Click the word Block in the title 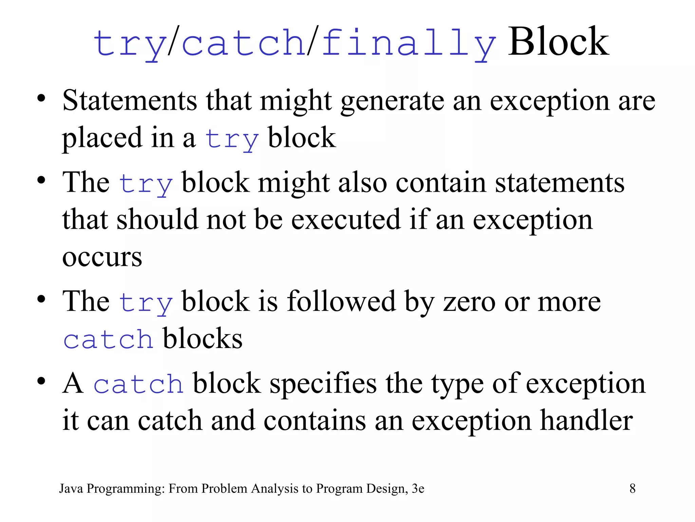point(558,42)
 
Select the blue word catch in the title point(244,43)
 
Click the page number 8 point(632,488)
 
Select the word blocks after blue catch point(203,338)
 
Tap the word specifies point(323,383)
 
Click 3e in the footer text point(418,488)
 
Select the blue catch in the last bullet point(138,384)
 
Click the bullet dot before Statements point(41,99)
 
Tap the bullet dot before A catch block point(41,381)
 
